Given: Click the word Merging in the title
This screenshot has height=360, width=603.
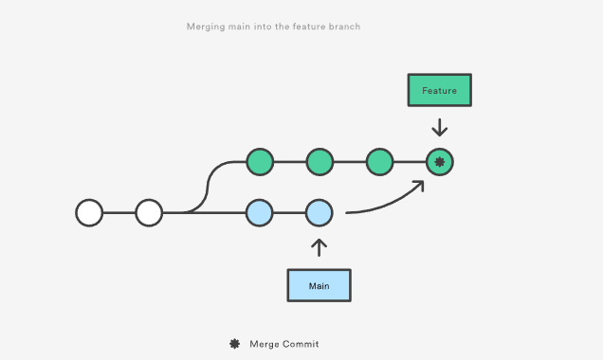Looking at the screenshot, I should coord(206,27).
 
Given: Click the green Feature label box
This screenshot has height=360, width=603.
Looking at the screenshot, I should coord(439,90).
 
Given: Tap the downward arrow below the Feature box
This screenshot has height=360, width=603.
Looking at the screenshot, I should coord(439,127).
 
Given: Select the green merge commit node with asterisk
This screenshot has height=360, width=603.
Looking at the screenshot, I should coord(439,162).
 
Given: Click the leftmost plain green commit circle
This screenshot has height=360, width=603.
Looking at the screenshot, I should coord(259,162).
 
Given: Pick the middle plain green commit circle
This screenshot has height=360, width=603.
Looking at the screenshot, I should coord(319,162).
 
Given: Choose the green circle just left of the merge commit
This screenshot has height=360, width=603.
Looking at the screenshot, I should coord(379,162).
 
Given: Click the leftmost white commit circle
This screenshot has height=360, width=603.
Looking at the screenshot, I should coord(89,213).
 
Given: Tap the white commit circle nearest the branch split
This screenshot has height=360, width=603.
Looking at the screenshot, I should coord(149,213).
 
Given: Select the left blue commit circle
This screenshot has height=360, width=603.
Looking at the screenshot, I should coord(259,213).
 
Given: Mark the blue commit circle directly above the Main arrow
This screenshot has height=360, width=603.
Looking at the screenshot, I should coord(319,213).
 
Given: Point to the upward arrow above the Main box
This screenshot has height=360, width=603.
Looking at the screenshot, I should coord(319,247).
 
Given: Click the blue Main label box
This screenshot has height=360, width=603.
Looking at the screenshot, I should coord(319,285).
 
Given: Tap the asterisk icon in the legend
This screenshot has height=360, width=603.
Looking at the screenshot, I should coord(234,344).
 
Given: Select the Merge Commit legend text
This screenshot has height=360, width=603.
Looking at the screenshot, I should coord(284,344).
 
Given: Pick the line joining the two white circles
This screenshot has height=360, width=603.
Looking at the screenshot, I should coord(119,213).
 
